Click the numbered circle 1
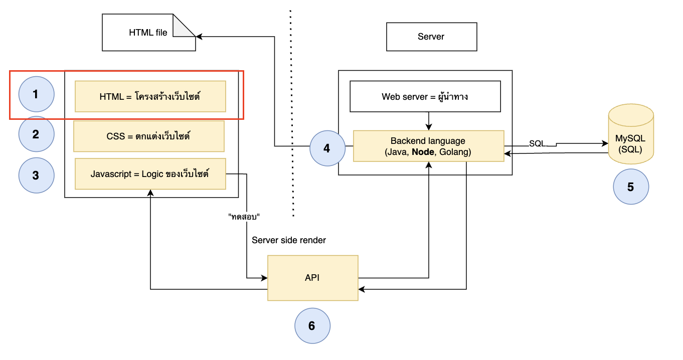click(x=36, y=94)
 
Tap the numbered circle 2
click(x=36, y=134)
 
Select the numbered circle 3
click(x=36, y=175)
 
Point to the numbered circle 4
click(x=327, y=148)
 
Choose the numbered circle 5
click(x=631, y=187)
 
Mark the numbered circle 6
click(x=312, y=326)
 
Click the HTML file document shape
click(x=149, y=32)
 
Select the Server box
click(x=431, y=37)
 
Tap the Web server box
click(x=425, y=96)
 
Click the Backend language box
click(x=428, y=146)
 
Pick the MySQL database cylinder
click(x=631, y=134)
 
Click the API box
click(x=312, y=278)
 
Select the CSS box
click(x=149, y=136)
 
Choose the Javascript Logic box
click(x=150, y=174)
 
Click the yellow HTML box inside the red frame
click(x=150, y=96)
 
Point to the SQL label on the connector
click(x=537, y=143)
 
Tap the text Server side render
click(x=289, y=240)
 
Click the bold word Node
click(x=423, y=152)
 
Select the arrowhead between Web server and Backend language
click(x=429, y=127)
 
